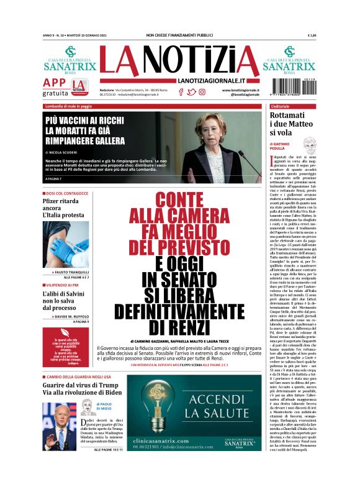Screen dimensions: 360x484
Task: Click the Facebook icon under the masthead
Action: [181, 92]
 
